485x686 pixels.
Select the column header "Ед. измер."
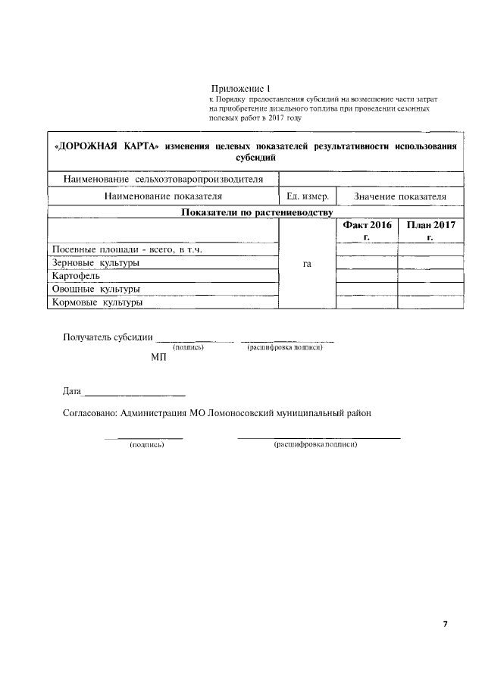(x=307, y=196)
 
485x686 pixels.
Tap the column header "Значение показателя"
(x=400, y=196)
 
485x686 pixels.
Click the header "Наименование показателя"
(x=163, y=196)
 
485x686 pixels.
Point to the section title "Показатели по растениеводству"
(x=257, y=211)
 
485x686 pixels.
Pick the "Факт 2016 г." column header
(x=367, y=230)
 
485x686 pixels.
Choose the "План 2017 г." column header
(x=430, y=230)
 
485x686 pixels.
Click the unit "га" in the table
(x=307, y=264)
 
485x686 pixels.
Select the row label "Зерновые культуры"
(x=95, y=262)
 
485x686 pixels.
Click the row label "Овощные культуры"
(x=95, y=289)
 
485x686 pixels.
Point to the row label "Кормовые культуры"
(x=97, y=302)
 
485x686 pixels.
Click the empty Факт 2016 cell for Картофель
(x=367, y=276)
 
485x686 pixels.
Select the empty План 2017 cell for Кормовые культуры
(x=430, y=302)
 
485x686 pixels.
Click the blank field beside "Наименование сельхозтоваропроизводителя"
(x=371, y=179)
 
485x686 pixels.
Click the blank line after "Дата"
(x=133, y=392)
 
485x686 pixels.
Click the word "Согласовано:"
(x=89, y=414)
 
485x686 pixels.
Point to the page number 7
(x=446, y=624)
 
